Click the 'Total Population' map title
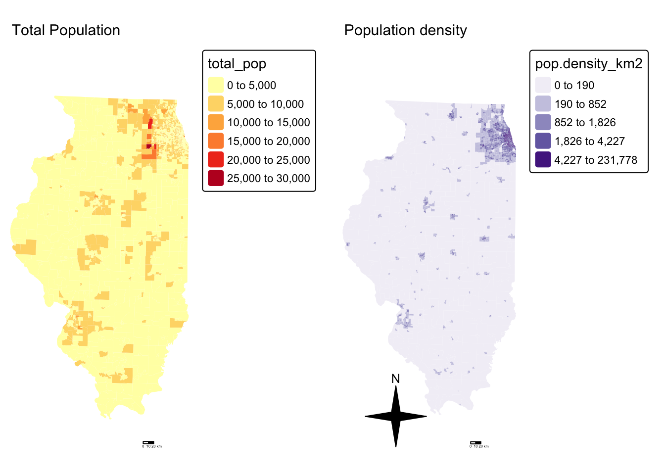click(66, 31)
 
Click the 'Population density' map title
click(405, 31)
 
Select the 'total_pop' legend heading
click(237, 64)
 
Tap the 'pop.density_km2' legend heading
click(588, 64)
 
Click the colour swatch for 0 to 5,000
click(216, 85)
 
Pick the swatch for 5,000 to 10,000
click(216, 104)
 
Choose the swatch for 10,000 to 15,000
click(216, 122)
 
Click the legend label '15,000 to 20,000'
click(268, 141)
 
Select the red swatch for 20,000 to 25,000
click(216, 160)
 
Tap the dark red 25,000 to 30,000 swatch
click(216, 178)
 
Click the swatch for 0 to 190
click(543, 85)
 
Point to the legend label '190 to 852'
click(580, 104)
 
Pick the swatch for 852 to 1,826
click(543, 122)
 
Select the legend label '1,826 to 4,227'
click(589, 141)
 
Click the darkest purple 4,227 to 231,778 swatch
click(543, 160)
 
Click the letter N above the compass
click(395, 379)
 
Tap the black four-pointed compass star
click(396, 417)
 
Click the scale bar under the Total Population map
click(148, 442)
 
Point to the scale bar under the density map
click(475, 442)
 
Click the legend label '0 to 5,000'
click(251, 85)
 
